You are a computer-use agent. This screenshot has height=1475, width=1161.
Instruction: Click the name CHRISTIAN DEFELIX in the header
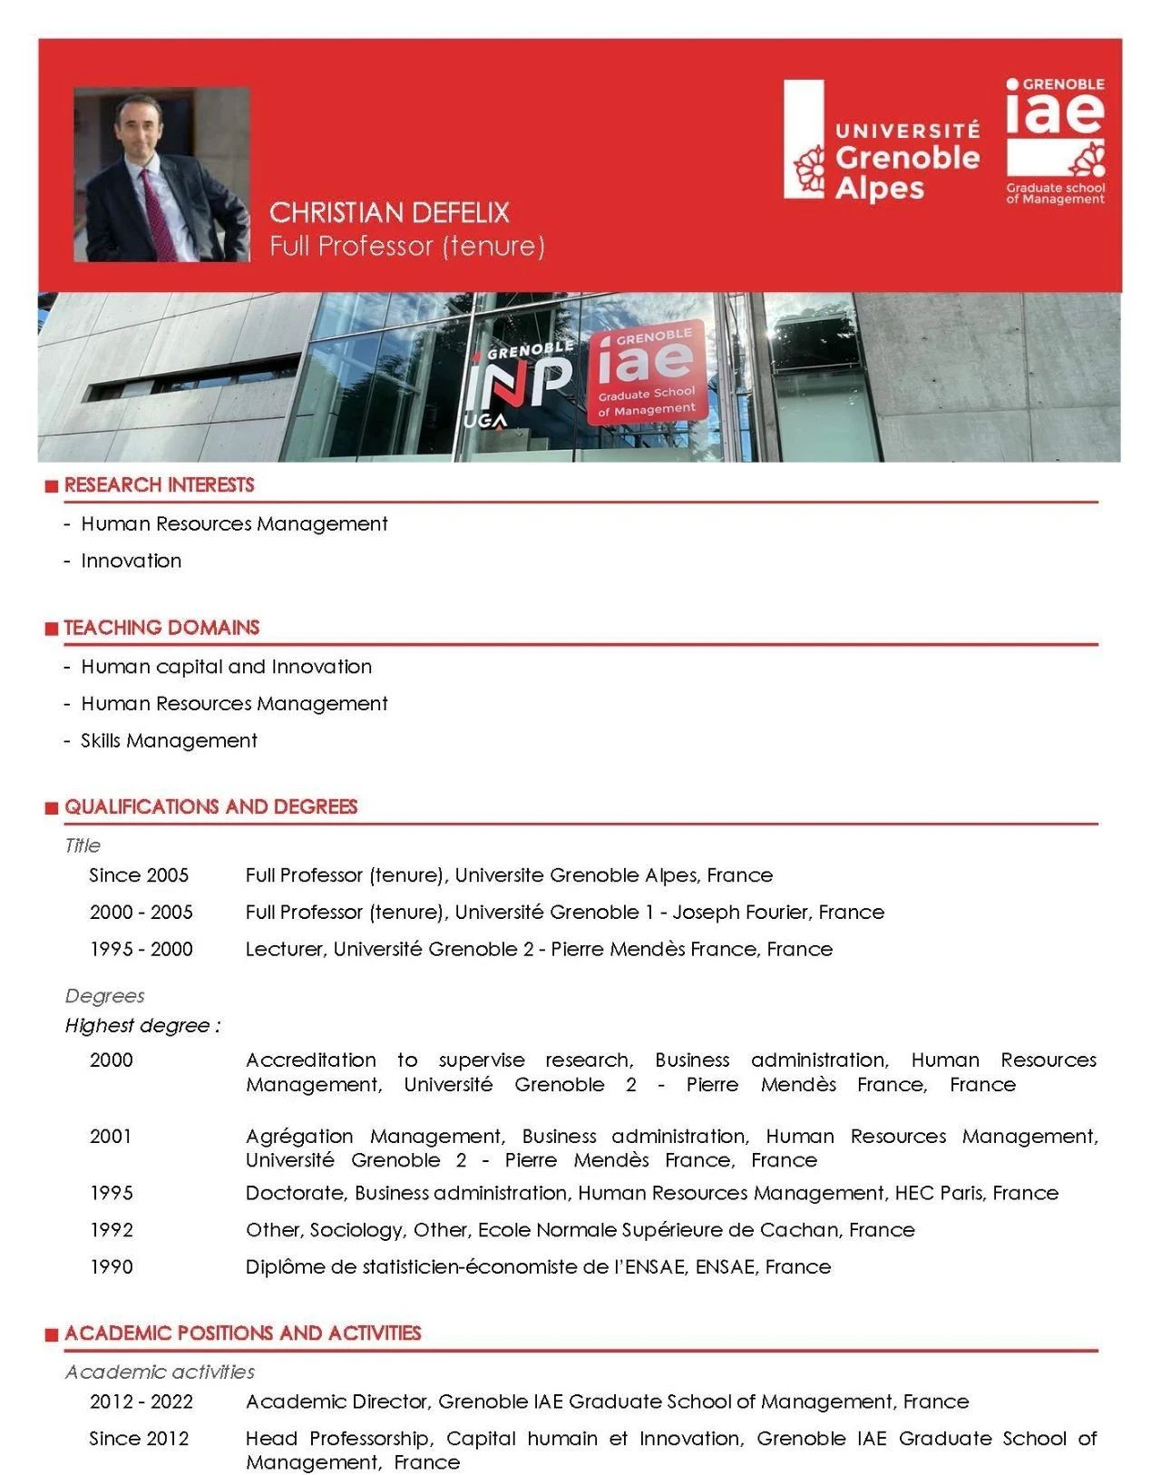coord(389,212)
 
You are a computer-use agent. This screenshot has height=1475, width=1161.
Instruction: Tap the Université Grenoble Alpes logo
coord(883,140)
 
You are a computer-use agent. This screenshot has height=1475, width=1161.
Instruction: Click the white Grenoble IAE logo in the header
coord(1055,140)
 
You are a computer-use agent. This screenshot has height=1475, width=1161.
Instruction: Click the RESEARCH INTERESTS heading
coord(159,485)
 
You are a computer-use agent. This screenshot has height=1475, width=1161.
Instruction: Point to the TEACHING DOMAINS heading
coord(161,628)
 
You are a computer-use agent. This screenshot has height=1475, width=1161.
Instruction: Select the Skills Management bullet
coord(169,741)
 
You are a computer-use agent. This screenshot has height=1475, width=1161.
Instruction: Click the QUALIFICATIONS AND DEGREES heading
coord(210,807)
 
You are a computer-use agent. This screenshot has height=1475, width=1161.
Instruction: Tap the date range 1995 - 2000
coord(141,950)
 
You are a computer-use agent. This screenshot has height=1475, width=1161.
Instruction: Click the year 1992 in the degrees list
coord(111,1230)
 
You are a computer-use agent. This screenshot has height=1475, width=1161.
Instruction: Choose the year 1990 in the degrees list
coord(111,1267)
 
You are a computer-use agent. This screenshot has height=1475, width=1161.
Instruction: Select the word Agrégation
coord(299,1137)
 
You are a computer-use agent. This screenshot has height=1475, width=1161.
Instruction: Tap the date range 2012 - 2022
coord(141,1402)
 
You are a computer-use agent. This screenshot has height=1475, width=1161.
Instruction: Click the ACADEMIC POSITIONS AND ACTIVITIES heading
coord(242,1333)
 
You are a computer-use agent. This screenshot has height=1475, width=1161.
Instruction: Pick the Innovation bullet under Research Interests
coord(131,562)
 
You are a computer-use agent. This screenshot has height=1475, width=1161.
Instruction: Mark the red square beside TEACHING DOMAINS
coord(52,629)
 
